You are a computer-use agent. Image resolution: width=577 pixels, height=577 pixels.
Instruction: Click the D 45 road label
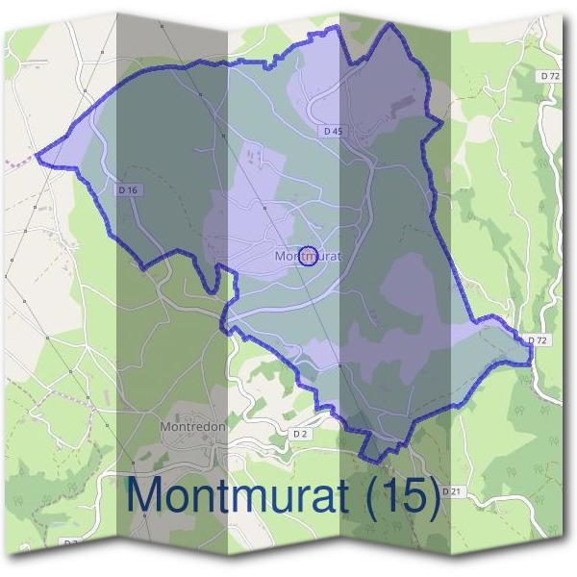[333, 131]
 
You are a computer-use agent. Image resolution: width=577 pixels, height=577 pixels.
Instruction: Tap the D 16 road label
[128, 190]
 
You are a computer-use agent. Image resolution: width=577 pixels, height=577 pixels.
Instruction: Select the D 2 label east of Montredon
[300, 435]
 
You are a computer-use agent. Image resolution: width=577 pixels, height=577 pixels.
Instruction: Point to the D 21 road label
[451, 491]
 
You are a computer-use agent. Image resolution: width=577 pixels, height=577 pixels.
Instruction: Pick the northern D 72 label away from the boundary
[549, 75]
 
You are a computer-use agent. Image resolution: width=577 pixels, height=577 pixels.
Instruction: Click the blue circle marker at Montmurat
[309, 256]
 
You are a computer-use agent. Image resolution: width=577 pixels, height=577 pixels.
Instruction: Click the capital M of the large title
[145, 495]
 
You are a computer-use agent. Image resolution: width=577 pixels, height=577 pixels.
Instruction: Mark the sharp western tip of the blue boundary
[38, 153]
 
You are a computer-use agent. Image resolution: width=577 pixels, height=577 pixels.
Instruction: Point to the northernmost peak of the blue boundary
[391, 25]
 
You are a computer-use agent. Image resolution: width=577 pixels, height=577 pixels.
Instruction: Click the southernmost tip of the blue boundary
[367, 458]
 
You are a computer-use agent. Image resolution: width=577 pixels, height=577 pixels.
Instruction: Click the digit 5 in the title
[415, 495]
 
